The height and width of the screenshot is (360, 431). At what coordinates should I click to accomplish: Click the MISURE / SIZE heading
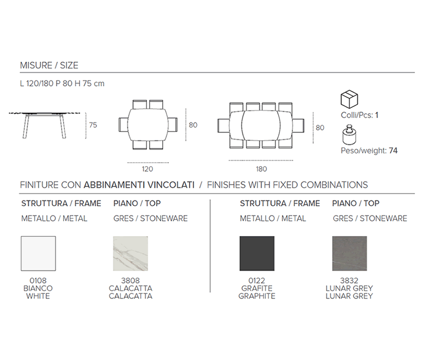(49, 66)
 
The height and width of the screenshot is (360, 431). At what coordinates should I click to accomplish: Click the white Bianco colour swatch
(38, 253)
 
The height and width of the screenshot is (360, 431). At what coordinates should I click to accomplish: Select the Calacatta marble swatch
(131, 253)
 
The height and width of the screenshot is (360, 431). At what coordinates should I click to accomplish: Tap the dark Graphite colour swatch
(257, 253)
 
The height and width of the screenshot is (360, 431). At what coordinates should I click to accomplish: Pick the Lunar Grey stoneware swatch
(349, 253)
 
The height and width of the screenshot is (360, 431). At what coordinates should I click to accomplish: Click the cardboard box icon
(349, 99)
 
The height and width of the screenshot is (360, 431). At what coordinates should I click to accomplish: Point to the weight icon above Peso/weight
(349, 135)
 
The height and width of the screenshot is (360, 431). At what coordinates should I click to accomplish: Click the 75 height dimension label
(93, 125)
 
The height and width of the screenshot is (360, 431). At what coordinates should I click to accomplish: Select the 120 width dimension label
(147, 169)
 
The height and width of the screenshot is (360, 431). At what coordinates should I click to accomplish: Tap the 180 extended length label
(261, 169)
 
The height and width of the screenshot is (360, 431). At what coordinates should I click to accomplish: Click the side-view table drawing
(45, 125)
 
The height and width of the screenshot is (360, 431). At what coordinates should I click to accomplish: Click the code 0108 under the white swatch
(38, 281)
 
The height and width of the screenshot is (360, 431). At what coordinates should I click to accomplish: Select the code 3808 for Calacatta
(131, 281)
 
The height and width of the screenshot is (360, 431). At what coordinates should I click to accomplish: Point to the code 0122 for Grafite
(257, 281)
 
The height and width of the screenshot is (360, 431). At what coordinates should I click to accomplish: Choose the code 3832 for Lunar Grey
(349, 281)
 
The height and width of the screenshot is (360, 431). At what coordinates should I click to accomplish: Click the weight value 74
(393, 150)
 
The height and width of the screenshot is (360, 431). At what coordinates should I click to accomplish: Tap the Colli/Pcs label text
(357, 115)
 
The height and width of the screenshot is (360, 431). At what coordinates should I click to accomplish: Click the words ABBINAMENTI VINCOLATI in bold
(139, 185)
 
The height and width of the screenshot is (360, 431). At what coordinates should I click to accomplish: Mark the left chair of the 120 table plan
(124, 125)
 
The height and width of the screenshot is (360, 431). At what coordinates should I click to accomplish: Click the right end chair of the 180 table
(298, 126)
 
